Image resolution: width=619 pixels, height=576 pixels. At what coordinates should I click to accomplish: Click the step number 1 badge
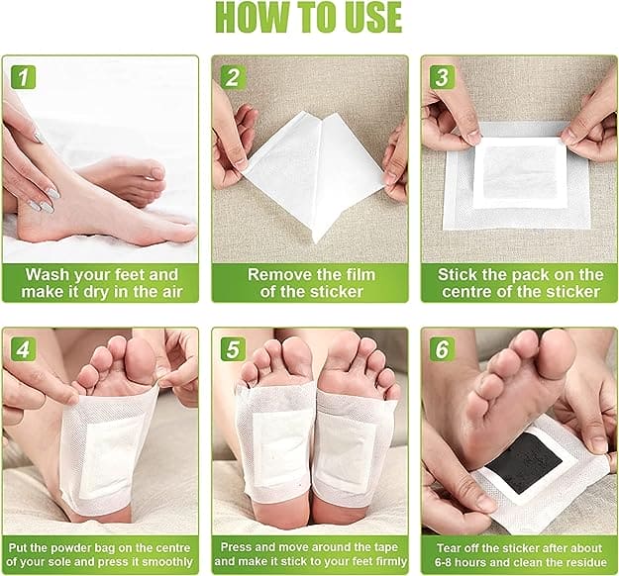pyautogui.click(x=24, y=77)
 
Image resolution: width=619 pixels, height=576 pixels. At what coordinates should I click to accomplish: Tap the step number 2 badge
pyautogui.click(x=234, y=77)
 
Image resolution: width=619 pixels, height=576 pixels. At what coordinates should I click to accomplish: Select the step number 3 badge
pyautogui.click(x=443, y=77)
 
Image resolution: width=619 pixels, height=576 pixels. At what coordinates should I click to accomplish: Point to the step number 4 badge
pyautogui.click(x=24, y=349)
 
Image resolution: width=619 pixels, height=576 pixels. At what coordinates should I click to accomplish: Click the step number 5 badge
pyautogui.click(x=234, y=349)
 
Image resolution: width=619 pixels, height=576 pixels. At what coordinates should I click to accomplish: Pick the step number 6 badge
pyautogui.click(x=443, y=349)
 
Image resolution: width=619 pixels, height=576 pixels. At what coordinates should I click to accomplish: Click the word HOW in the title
pyautogui.click(x=249, y=18)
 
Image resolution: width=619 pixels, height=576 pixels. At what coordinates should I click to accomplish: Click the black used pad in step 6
pyautogui.click(x=525, y=461)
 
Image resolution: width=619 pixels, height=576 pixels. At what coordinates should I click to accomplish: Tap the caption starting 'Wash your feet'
pyautogui.click(x=101, y=282)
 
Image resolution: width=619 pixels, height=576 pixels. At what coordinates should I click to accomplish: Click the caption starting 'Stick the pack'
pyautogui.click(x=520, y=282)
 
